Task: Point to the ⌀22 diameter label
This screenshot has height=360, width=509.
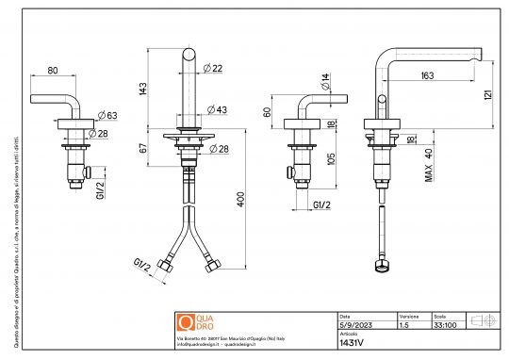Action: (x=213, y=68)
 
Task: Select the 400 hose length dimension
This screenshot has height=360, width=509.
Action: (x=241, y=205)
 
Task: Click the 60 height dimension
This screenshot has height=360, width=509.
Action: (x=269, y=111)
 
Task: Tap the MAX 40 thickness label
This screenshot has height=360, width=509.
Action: (x=428, y=162)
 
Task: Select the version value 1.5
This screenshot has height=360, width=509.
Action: (x=404, y=324)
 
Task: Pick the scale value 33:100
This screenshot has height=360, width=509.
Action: (x=443, y=324)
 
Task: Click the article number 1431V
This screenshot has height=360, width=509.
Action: (x=351, y=344)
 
